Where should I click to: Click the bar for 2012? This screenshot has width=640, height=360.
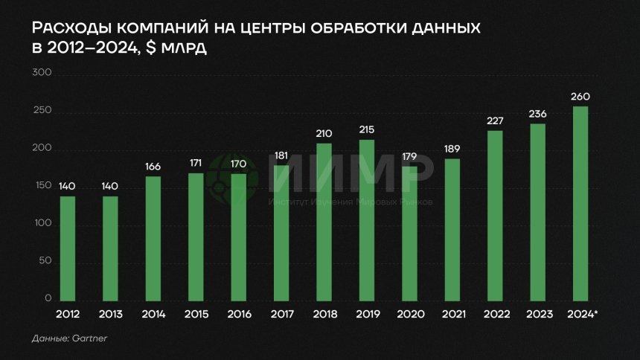coord(68,248)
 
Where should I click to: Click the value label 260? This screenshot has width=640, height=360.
coord(580,97)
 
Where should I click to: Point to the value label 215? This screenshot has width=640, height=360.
coord(367,129)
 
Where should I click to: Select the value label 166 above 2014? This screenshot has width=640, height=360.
coord(153,166)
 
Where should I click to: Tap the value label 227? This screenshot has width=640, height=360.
coord(495,120)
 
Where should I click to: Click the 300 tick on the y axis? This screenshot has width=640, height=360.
coord(42,74)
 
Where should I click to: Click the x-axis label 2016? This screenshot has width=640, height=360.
coord(239,315)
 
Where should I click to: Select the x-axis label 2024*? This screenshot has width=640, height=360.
coord(582,315)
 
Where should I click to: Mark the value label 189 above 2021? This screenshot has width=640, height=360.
coord(452,149)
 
